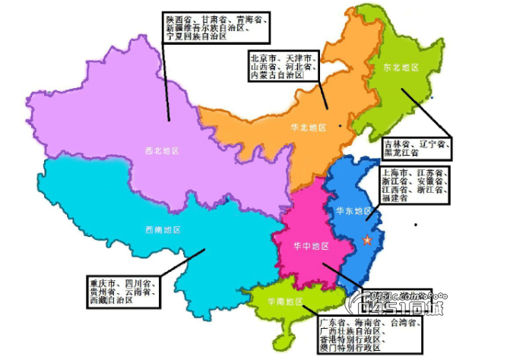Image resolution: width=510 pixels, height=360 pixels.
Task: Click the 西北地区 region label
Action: pyautogui.click(x=162, y=150)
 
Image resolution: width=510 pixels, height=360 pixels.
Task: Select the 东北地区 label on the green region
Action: pyautogui.click(x=402, y=68)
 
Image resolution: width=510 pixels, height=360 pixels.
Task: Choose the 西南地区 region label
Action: pyautogui.click(x=162, y=229)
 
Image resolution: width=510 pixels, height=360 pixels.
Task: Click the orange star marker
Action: pyautogui.click(x=369, y=241)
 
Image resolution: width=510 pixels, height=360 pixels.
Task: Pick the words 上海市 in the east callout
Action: pyautogui.click(x=393, y=173)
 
